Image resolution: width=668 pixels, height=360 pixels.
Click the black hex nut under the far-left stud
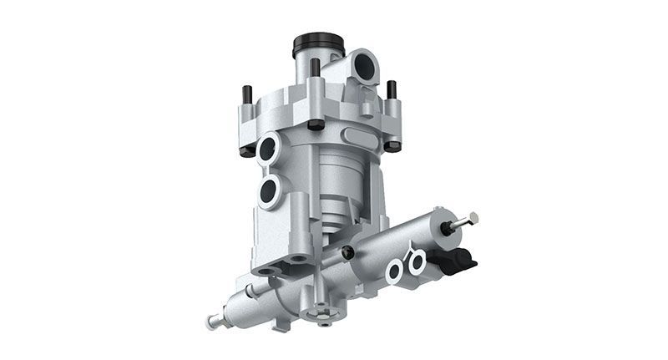point(248,150)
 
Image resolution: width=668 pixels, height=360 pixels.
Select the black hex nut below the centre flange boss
point(316,124)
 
